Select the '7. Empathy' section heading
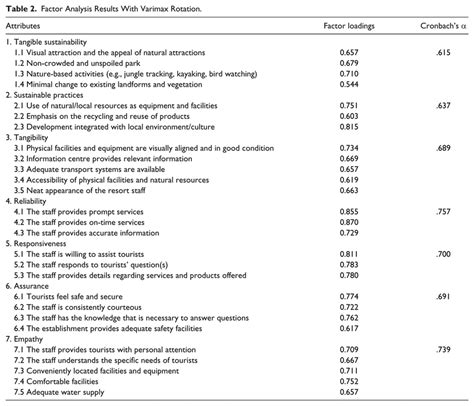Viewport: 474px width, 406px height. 28,337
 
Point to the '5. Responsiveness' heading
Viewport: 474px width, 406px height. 39,241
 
